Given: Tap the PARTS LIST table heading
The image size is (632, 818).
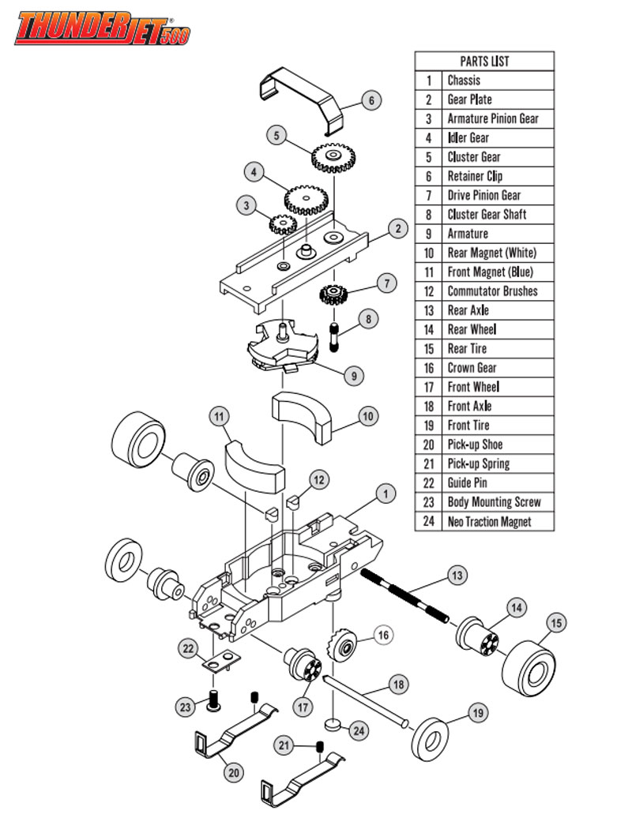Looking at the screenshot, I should tap(484, 61).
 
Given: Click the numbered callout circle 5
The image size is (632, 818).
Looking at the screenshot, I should tap(276, 136).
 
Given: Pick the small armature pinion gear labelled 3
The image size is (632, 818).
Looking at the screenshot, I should tap(282, 225).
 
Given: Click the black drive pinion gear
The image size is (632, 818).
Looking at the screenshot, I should tap(334, 296).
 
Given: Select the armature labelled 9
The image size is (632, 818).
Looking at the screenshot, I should tap(282, 344).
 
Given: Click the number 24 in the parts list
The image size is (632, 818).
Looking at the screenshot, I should tap(429, 521).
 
